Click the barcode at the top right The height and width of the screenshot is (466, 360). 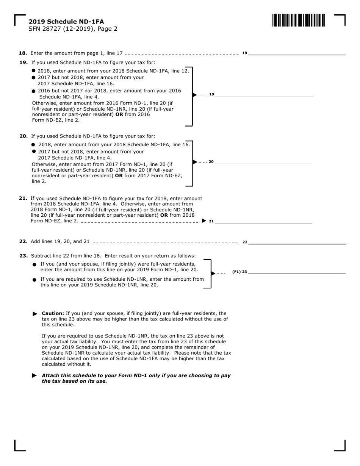click(298, 20)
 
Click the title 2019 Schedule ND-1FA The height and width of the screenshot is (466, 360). click(66, 22)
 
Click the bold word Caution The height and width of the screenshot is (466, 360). click(53, 313)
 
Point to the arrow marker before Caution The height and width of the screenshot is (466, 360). click(35, 314)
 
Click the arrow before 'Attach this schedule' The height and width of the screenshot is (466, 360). click(35, 375)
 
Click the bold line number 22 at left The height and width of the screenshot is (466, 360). click(23, 242)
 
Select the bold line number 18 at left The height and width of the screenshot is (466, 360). click(23, 53)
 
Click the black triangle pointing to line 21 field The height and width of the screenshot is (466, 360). click(204, 220)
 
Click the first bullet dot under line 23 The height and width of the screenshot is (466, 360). click(34, 264)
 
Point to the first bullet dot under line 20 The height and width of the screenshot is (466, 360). click(34, 145)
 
